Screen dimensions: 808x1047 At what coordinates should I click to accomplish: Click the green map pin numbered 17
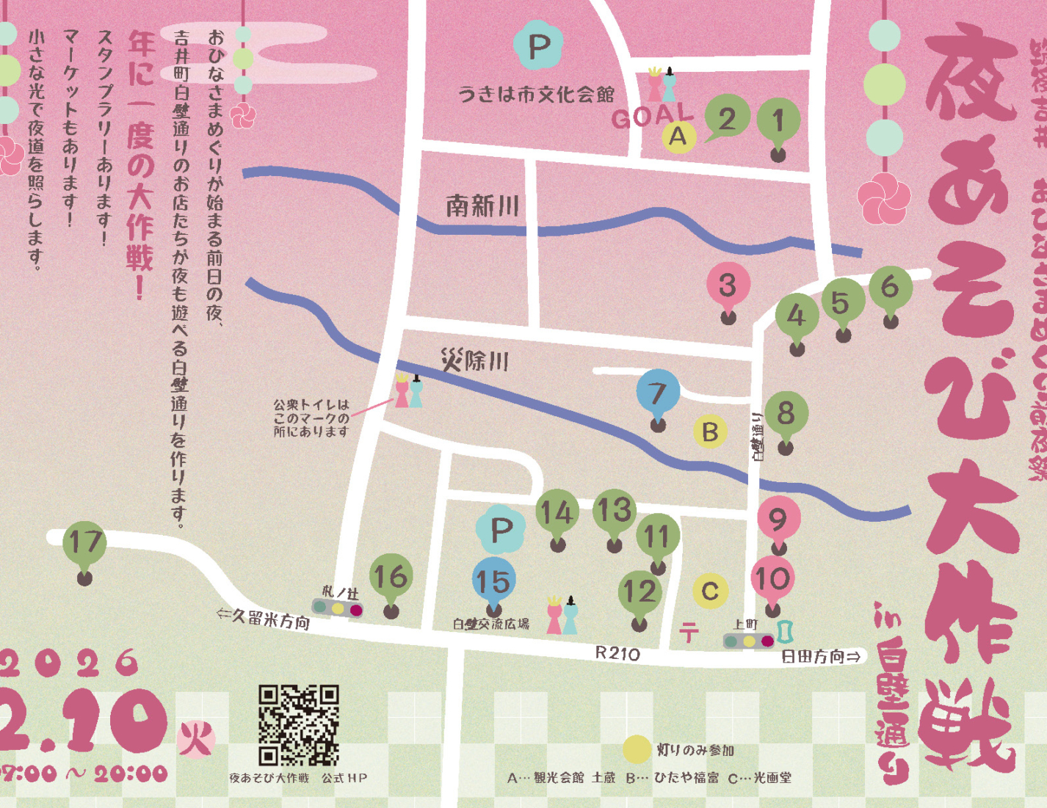pyautogui.click(x=85, y=544)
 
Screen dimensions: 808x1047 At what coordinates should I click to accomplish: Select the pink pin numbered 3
pyautogui.click(x=728, y=285)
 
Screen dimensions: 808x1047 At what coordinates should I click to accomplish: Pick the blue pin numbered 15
pyautogui.click(x=493, y=581)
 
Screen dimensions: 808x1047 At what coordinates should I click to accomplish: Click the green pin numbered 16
pyautogui.click(x=391, y=578)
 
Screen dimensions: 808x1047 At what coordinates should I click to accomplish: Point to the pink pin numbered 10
pyautogui.click(x=772, y=580)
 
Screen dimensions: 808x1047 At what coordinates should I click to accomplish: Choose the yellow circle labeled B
pyautogui.click(x=710, y=432)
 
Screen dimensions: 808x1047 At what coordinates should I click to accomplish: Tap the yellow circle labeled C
pyautogui.click(x=710, y=591)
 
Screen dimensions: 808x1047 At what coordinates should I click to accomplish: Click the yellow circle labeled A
pyautogui.click(x=678, y=137)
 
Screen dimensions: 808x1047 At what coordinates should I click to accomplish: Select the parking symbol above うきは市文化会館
pyautogui.click(x=538, y=46)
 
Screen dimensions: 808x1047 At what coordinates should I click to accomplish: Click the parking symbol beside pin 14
pyautogui.click(x=501, y=528)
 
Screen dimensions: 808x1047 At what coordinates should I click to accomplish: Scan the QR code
pyautogui.click(x=298, y=725)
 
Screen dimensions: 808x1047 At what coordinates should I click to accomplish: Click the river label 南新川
pyautogui.click(x=482, y=206)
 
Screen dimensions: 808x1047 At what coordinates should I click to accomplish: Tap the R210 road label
pyautogui.click(x=617, y=653)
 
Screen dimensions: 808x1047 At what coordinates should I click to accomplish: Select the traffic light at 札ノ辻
pyautogui.click(x=338, y=608)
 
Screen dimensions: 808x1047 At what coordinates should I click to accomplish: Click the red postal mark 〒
pyautogui.click(x=689, y=632)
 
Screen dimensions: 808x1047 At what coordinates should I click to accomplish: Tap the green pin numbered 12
pyautogui.click(x=640, y=592)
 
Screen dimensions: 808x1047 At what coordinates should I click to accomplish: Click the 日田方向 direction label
pyautogui.click(x=820, y=657)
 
